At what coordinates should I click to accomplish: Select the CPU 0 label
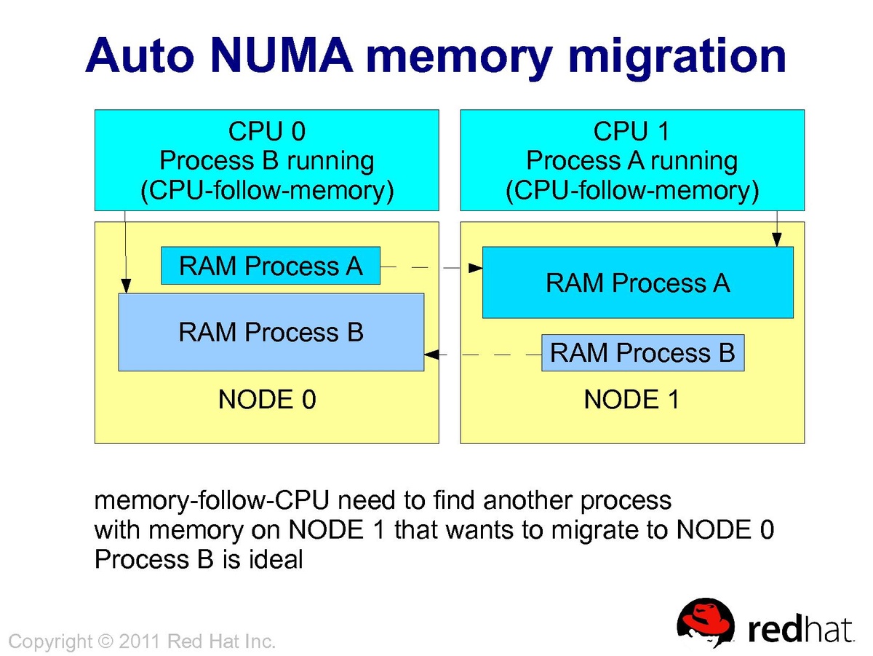tap(267, 131)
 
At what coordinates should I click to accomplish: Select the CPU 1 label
tap(631, 131)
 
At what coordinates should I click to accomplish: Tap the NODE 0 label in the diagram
tap(267, 400)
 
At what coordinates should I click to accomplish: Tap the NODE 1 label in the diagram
tap(631, 400)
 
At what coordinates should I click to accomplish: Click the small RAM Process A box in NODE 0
tap(271, 266)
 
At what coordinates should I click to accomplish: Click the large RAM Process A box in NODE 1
tap(637, 282)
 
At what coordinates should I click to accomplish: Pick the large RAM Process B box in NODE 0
tap(271, 332)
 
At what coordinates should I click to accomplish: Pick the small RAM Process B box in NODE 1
tap(642, 353)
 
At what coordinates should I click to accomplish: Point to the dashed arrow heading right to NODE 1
tap(432, 268)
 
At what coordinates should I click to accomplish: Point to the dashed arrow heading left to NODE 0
tap(482, 355)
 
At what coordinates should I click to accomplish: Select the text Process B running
tap(267, 161)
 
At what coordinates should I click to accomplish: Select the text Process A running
tap(631, 161)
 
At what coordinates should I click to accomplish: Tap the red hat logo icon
tap(706, 624)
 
